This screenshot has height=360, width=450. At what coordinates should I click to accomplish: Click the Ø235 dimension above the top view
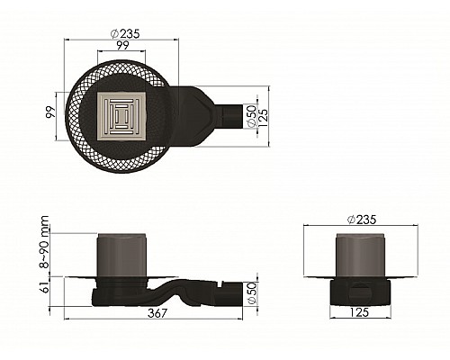[125, 34]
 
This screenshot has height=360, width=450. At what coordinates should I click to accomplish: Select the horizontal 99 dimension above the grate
[122, 45]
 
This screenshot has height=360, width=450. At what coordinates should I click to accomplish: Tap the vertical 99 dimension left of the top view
[51, 112]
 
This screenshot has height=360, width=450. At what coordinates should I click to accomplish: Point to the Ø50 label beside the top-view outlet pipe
[251, 115]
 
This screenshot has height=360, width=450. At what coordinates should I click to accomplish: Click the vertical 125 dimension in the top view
[263, 117]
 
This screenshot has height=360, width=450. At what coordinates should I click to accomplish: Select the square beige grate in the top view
[121, 116]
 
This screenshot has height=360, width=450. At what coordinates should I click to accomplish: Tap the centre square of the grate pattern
[121, 116]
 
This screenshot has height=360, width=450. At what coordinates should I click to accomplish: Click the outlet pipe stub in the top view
[233, 117]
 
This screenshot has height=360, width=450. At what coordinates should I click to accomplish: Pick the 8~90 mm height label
[44, 242]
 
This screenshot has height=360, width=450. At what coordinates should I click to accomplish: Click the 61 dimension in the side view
[44, 286]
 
